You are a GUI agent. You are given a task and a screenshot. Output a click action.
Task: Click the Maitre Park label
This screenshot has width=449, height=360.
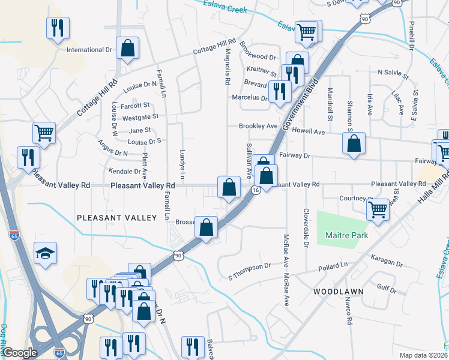[x=346, y=236]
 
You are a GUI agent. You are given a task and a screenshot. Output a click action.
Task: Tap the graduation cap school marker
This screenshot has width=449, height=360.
[x=45, y=254]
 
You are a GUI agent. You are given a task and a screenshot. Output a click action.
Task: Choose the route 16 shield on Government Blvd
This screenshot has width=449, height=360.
[x=256, y=190]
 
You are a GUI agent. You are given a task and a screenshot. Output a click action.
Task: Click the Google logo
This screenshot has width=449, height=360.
[x=20, y=353]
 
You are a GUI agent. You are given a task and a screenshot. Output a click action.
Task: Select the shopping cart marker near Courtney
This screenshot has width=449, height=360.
[x=378, y=209]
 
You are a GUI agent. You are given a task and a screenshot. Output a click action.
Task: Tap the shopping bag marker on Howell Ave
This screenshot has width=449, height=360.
[x=354, y=144]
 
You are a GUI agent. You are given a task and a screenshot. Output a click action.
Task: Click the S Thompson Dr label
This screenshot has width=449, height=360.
[x=250, y=266]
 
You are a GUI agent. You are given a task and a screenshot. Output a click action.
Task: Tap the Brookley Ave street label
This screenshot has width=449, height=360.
[x=258, y=126]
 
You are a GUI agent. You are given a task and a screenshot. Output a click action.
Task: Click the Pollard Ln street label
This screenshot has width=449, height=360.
[x=333, y=265]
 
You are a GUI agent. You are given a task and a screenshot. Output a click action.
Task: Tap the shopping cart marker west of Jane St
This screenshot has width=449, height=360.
[x=44, y=133]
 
